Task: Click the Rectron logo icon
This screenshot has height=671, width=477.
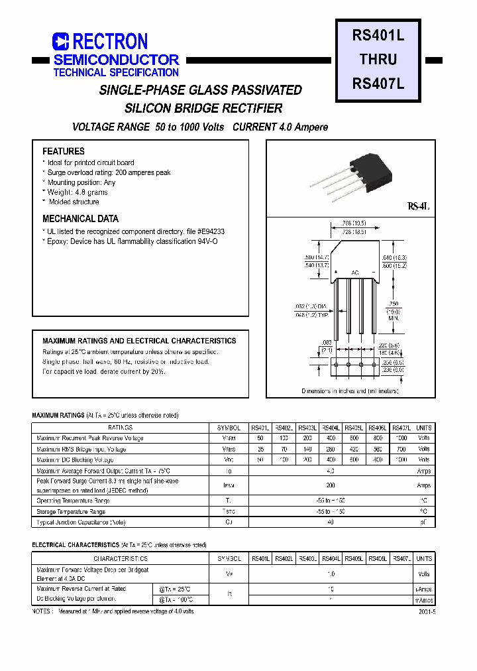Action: coord(60,42)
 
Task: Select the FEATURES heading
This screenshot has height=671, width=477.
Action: coord(64,151)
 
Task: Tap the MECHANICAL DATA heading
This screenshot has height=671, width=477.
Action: coord(80,219)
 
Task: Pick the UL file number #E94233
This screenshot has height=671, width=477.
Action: coord(211,232)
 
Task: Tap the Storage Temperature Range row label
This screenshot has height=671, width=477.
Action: coord(72,511)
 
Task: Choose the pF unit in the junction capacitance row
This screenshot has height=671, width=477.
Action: coord(424,522)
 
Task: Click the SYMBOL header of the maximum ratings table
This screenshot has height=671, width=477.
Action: coord(229,428)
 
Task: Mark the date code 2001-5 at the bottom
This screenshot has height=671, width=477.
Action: coord(427,611)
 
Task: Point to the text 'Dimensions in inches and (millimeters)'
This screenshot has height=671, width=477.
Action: coord(350,391)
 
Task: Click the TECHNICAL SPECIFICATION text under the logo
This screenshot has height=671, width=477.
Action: coord(116,73)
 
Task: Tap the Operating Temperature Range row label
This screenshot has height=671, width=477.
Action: coord(73,501)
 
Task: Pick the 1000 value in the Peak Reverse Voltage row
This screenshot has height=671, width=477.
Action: coord(401,438)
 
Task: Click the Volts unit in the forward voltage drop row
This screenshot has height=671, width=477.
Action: coord(424,574)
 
